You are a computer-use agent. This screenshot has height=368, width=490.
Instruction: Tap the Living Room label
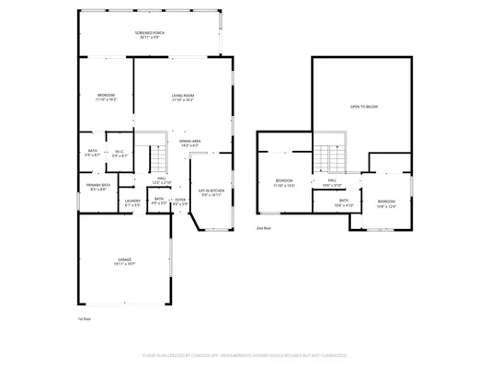coord(182,98)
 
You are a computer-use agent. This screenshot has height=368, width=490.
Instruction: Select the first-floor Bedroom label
coord(107,97)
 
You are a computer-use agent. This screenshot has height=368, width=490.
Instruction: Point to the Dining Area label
coord(190,143)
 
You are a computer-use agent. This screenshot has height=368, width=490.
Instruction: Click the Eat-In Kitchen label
coord(212,192)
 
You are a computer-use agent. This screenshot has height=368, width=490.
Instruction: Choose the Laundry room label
coord(132,201)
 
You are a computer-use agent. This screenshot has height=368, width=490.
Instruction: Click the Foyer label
coord(180,201)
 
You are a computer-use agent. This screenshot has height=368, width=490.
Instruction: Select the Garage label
coord(126,260)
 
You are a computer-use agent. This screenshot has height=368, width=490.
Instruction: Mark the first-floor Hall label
coord(161,180)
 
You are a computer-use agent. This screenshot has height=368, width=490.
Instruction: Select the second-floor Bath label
coord(343,201)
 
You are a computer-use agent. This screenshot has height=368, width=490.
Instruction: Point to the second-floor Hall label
coord(332,182)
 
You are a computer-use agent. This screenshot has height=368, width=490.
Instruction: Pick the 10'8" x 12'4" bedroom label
coord(386,203)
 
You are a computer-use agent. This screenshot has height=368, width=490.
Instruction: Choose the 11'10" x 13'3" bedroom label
coord(284,182)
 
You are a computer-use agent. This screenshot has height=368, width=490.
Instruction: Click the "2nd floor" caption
coord(264,227)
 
